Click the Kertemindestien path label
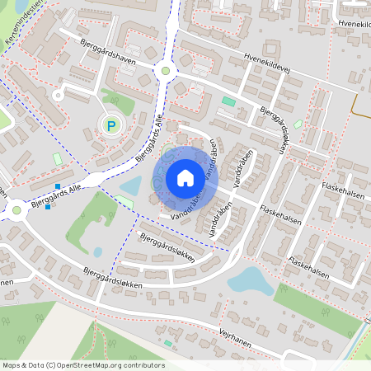[x=21, y=25]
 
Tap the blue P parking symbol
[x=111, y=126]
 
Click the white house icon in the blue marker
[x=185, y=178]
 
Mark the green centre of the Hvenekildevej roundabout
[x=166, y=71]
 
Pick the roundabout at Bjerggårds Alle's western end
[x=16, y=209]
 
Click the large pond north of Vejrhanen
[x=251, y=281]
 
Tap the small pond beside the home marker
[x=131, y=187]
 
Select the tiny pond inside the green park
[x=98, y=251]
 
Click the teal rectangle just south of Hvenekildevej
[x=228, y=101]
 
